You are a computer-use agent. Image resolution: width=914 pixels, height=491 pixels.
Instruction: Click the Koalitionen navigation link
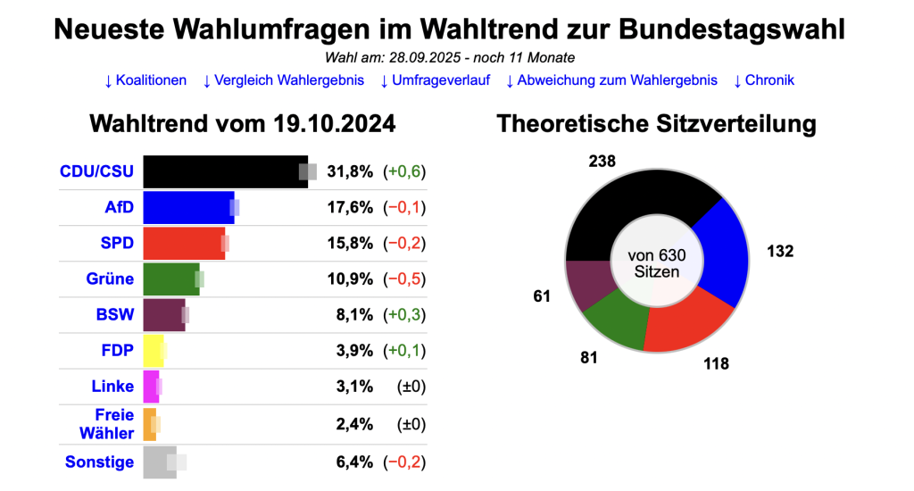(145, 80)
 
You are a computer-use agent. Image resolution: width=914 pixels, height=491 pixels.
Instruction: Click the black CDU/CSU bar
(223, 171)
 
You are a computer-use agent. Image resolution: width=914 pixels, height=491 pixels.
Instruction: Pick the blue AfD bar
(187, 208)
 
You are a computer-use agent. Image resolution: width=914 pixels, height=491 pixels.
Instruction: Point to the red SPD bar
(183, 243)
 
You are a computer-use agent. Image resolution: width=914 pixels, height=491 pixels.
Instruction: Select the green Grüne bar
(170, 279)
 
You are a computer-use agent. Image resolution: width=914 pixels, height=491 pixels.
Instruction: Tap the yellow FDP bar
(153, 350)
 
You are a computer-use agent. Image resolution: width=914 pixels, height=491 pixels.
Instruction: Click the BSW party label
(114, 314)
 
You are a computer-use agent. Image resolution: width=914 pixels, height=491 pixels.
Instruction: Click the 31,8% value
(350, 171)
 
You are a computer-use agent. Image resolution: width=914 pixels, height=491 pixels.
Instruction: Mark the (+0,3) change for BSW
(404, 314)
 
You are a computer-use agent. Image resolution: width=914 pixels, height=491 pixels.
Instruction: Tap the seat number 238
(602, 162)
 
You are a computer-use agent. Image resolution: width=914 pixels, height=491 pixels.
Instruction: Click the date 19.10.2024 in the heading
(335, 123)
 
